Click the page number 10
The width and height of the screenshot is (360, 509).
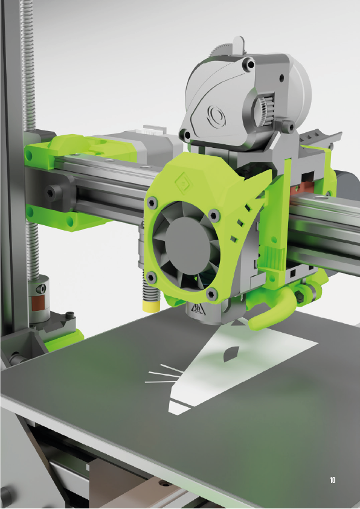[332, 480]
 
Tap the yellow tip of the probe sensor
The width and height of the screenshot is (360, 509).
[151, 306]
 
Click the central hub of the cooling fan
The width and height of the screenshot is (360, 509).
[185, 245]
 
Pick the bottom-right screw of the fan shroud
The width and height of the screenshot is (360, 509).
[211, 295]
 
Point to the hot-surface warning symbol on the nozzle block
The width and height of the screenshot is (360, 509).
[197, 309]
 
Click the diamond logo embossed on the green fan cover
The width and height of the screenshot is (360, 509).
[184, 183]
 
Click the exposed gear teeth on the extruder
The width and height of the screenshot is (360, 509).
[263, 111]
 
